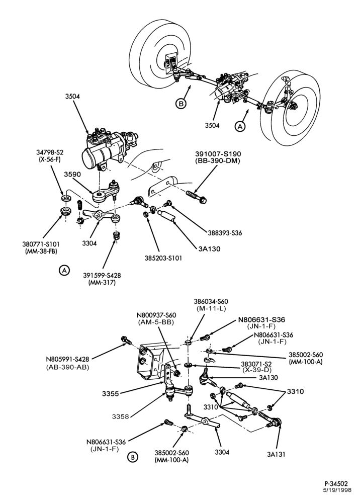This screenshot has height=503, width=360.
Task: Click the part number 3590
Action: click(x=72, y=174)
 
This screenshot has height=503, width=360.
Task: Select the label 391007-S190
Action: click(x=218, y=154)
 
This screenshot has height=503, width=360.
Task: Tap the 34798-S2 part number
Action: click(x=50, y=151)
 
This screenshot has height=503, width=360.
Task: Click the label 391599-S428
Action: click(x=102, y=275)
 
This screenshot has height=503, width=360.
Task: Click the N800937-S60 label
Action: click(x=157, y=315)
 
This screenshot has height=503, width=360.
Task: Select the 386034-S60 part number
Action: click(x=211, y=301)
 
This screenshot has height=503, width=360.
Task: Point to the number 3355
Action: click(x=111, y=394)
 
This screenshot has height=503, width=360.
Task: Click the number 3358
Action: click(x=121, y=416)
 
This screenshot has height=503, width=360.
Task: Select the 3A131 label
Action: click(x=276, y=454)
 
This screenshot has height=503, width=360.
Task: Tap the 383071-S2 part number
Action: click(x=256, y=364)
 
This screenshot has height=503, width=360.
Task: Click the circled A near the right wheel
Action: click(x=240, y=126)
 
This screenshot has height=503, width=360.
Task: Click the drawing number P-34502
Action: click(x=336, y=483)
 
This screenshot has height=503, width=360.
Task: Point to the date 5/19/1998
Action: click(x=336, y=490)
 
